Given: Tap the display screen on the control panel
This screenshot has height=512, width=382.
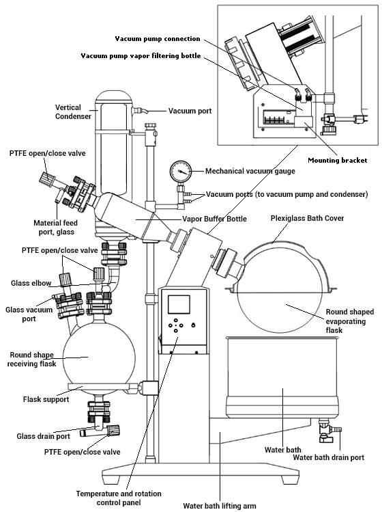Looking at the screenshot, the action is point(179,304).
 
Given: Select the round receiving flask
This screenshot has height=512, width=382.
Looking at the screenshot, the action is point(98,357).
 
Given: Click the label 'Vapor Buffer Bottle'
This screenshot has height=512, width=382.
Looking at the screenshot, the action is point(214,219).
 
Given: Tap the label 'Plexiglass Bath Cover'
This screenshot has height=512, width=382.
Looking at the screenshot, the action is point(307,218).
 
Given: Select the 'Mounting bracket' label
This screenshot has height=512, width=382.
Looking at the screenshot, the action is point(338,161).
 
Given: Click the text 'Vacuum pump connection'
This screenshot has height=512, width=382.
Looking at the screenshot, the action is point(158,39).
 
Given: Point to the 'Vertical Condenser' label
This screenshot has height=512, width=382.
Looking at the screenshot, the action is point(73,111).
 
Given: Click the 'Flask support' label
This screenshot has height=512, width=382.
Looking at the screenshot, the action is point(46,399).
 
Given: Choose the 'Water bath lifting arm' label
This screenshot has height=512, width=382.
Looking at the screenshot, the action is point(220,506).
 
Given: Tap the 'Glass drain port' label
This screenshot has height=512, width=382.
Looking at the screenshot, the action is point(44,436).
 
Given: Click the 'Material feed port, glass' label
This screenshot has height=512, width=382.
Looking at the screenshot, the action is point(56,228).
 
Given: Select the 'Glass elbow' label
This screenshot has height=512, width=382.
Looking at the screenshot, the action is point(31,283).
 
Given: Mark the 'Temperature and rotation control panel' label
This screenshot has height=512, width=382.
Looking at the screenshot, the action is point(119,498).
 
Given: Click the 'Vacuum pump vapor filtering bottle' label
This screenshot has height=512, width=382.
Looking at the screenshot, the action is point(141,56).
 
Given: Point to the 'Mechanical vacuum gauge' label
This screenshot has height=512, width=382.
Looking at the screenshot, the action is point(250,171).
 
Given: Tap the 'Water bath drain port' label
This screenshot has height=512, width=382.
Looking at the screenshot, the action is point(329,457).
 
